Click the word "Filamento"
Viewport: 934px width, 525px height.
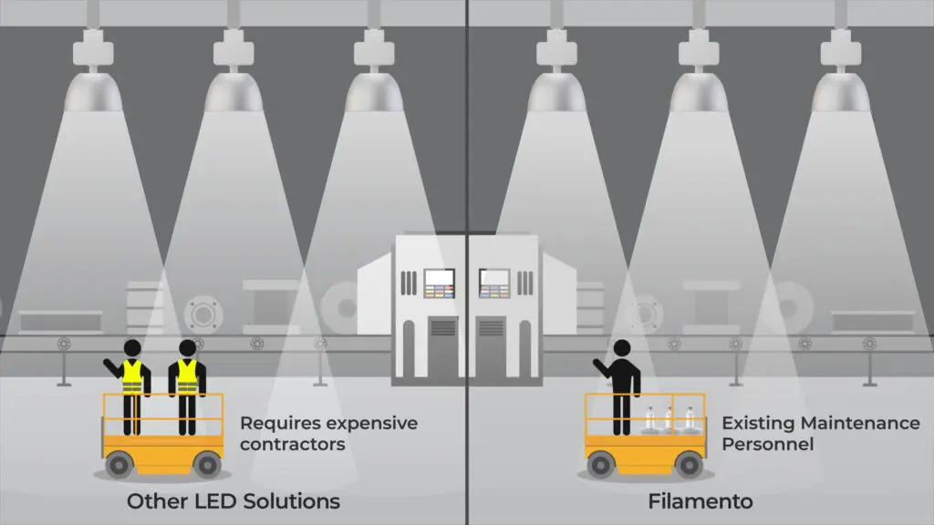pyautogui.click(x=700, y=501)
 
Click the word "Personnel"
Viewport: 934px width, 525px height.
pyautogui.click(x=768, y=444)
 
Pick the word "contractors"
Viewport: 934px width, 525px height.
pyautogui.click(x=293, y=444)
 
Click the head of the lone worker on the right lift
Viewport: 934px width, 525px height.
pyautogui.click(x=622, y=348)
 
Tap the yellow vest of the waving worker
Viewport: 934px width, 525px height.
pyautogui.click(x=132, y=376)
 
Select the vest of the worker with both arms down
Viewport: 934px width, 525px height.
pyautogui.click(x=187, y=376)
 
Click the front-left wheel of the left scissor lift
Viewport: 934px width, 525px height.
pyautogui.click(x=119, y=465)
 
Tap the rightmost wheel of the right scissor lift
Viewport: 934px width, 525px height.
pyautogui.click(x=689, y=465)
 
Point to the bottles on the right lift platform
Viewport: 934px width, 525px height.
pyautogui.click(x=669, y=418)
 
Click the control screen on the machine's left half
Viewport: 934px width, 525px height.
pyautogui.click(x=440, y=283)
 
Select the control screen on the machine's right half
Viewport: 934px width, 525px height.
pyautogui.click(x=494, y=283)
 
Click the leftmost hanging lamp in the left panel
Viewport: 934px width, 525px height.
pyautogui.click(x=93, y=71)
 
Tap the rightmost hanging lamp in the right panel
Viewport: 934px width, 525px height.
pyautogui.click(x=840, y=71)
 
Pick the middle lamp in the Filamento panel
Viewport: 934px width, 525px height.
pyautogui.click(x=699, y=71)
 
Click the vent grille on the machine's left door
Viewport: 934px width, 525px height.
pyautogui.click(x=442, y=328)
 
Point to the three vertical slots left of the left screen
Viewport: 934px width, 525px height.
pyautogui.click(x=409, y=283)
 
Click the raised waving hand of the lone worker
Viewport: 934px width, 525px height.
pyautogui.click(x=597, y=363)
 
